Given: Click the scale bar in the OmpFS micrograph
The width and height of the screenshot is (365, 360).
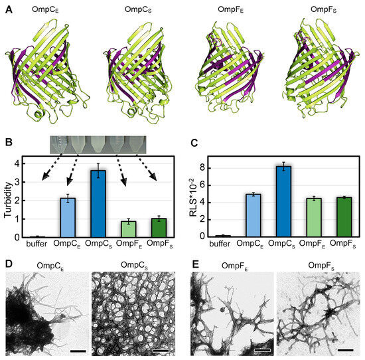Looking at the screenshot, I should point(346,346).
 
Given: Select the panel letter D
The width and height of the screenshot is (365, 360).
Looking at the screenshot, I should point(9,262).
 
